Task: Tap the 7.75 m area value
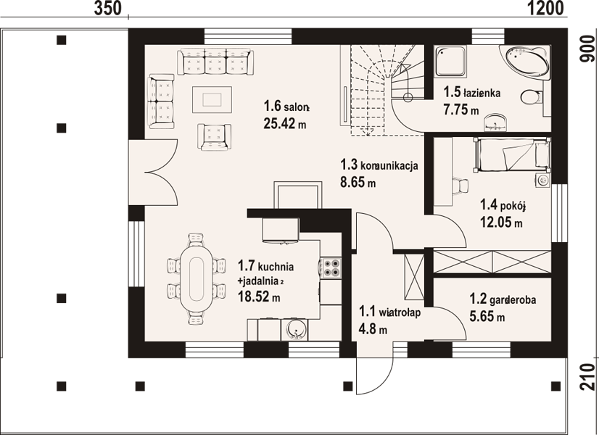(x=461, y=110)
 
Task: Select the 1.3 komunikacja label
(x=379, y=165)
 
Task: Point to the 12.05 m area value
(x=501, y=222)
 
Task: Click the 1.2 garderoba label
(x=503, y=299)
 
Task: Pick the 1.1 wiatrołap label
(x=389, y=312)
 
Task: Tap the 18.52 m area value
(x=259, y=297)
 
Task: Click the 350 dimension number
(x=108, y=9)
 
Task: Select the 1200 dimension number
(x=546, y=9)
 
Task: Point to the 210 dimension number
(x=588, y=377)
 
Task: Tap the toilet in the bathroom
(x=531, y=97)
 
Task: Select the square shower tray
(x=450, y=62)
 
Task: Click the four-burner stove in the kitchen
(x=331, y=268)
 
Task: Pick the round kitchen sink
(x=295, y=329)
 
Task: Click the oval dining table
(x=197, y=278)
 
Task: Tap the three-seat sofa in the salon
(x=215, y=62)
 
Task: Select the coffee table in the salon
(x=212, y=99)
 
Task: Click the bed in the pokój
(x=511, y=154)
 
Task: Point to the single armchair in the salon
(x=215, y=137)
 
